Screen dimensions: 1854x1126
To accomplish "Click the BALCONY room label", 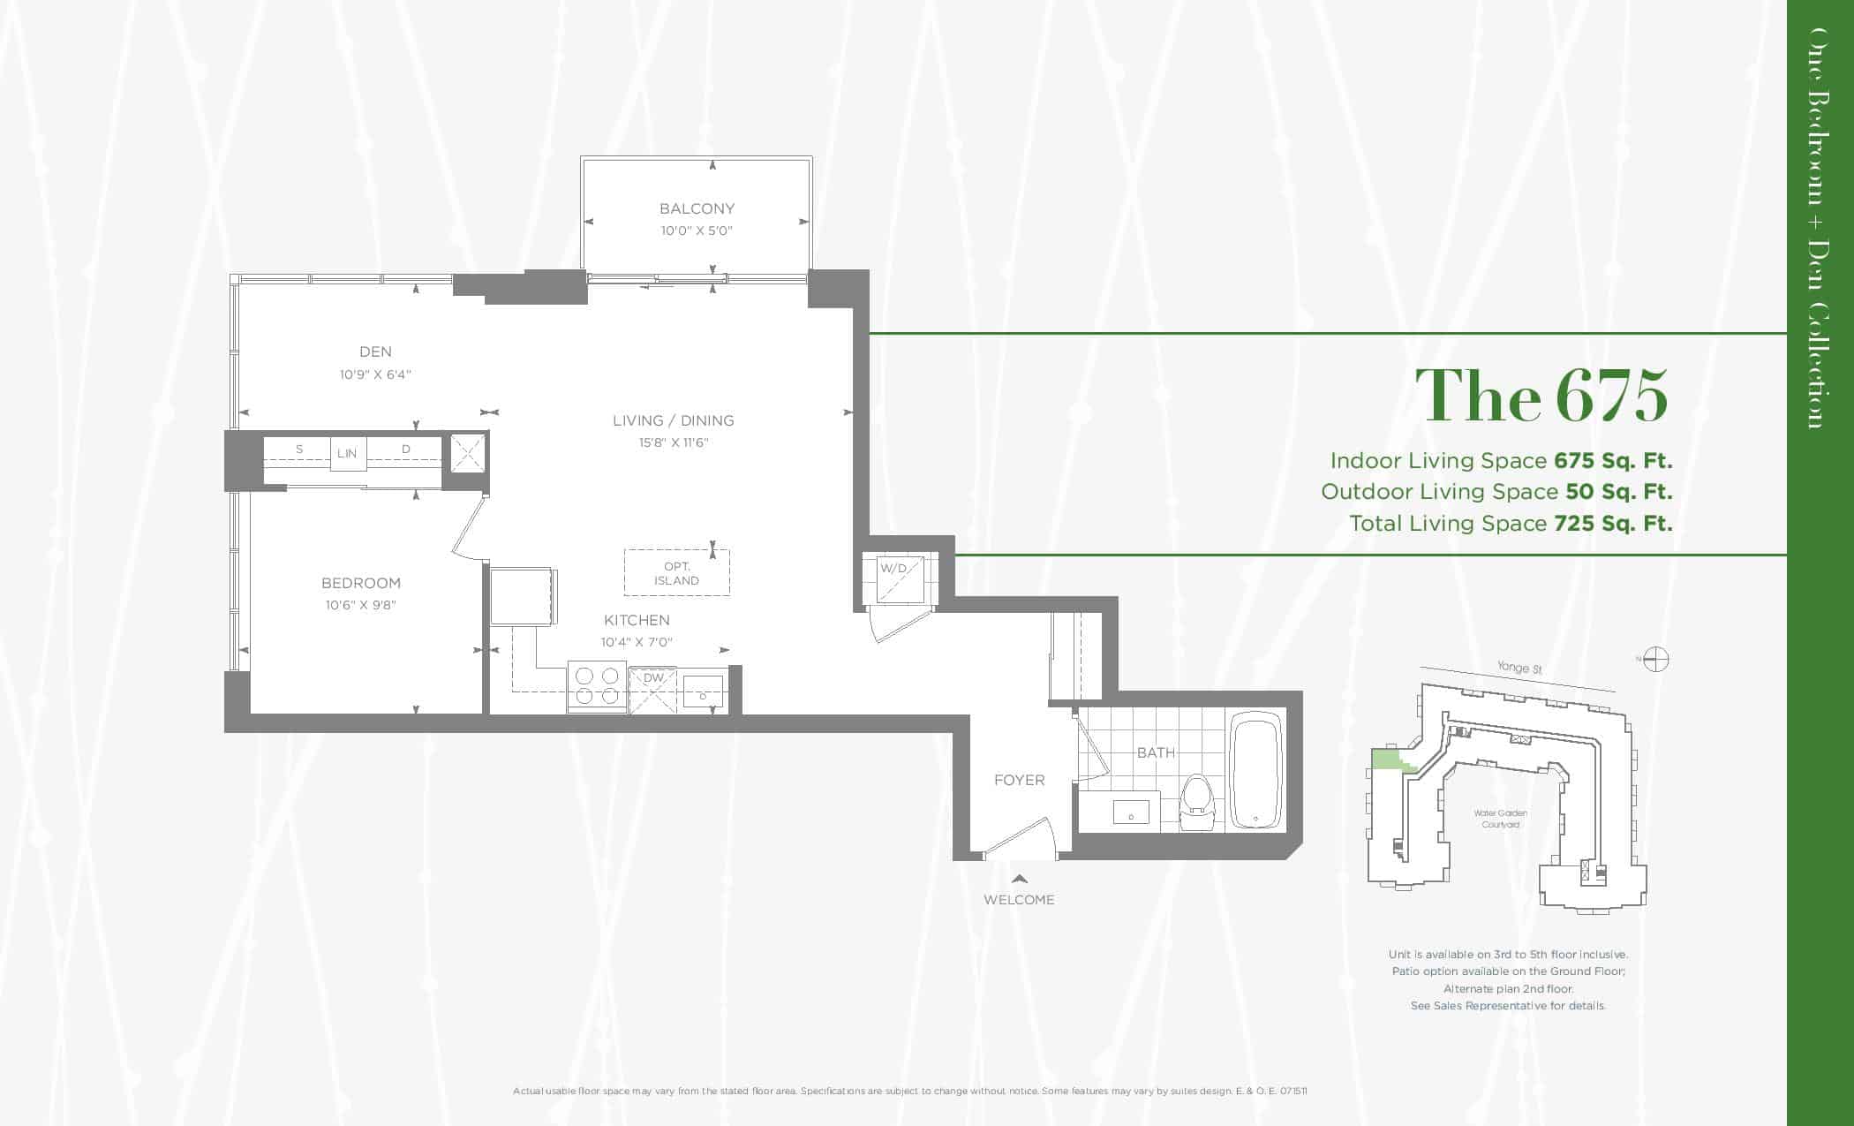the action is pyautogui.click(x=697, y=208).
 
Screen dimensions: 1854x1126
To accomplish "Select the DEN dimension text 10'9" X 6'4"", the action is pyautogui.click(x=375, y=374).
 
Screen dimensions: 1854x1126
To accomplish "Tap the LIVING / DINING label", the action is pyautogui.click(x=674, y=420).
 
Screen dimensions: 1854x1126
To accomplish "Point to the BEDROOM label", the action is pyautogui.click(x=361, y=583).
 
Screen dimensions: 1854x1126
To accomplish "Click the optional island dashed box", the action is pyautogui.click(x=677, y=572).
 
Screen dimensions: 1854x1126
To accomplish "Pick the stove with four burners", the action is pyautogui.click(x=597, y=686).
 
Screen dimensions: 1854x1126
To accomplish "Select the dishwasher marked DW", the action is pyautogui.click(x=652, y=689).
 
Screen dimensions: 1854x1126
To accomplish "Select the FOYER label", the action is pyautogui.click(x=1019, y=780).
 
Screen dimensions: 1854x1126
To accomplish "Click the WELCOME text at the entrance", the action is pyautogui.click(x=1019, y=900).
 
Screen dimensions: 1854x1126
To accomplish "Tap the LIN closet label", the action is pyautogui.click(x=347, y=453).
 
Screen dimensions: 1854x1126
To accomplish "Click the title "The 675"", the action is pyautogui.click(x=1542, y=395).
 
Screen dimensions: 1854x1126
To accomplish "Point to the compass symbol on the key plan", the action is pyautogui.click(x=1654, y=660).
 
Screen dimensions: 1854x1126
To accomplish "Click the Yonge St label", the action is pyautogui.click(x=1519, y=669).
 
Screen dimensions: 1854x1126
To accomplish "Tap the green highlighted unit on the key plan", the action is pyautogui.click(x=1390, y=760).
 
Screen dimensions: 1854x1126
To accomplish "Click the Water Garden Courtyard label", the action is pyautogui.click(x=1500, y=819).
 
